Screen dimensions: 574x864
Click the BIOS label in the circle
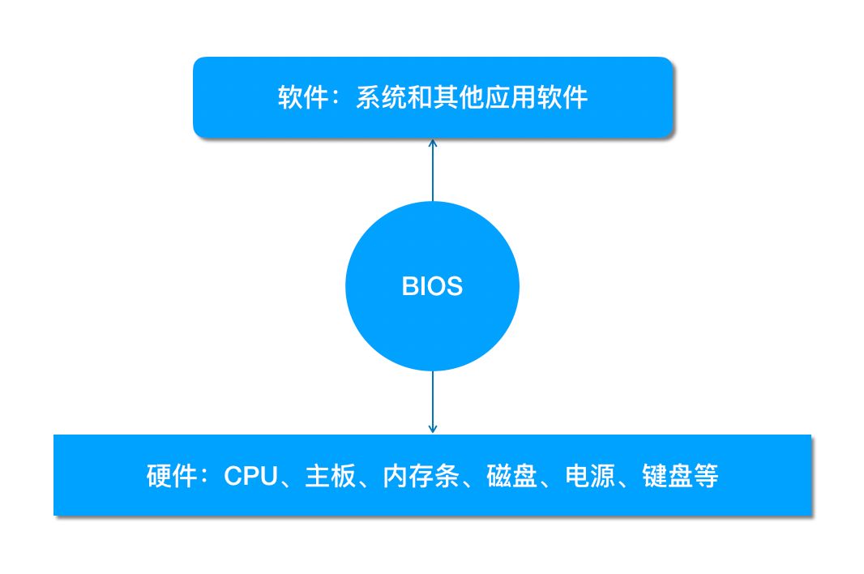[x=432, y=286]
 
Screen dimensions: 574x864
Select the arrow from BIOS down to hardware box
[x=433, y=401]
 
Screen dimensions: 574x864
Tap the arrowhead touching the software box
[x=433, y=143]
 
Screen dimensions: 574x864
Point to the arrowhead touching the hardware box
[x=433, y=428]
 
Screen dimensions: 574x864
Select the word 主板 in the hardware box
[x=330, y=476]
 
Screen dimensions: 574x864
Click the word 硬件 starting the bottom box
[x=172, y=476]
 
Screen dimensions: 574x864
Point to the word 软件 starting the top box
[x=303, y=98]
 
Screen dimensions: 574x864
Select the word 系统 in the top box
[x=381, y=98]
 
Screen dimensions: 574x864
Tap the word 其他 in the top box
[x=458, y=98]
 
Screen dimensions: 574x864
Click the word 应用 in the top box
[x=510, y=98]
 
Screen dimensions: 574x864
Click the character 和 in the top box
[x=420, y=98]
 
